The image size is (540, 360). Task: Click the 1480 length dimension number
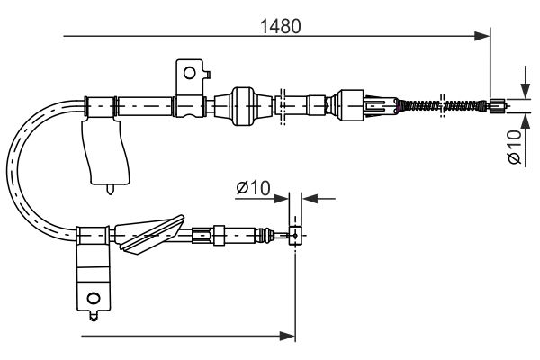coord(280,26)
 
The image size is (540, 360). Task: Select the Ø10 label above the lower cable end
coord(253,188)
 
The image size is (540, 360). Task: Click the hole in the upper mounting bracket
coord(188,71)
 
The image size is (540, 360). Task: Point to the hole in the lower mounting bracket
coord(93,298)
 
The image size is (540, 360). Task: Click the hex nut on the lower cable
coord(216,236)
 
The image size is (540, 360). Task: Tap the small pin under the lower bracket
coord(93,316)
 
